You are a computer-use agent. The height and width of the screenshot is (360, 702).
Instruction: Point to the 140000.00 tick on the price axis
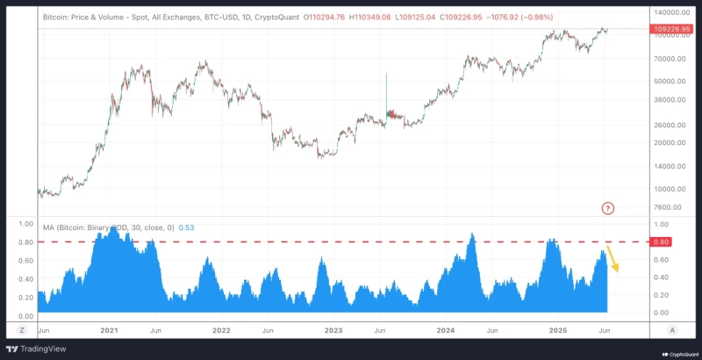click(670, 12)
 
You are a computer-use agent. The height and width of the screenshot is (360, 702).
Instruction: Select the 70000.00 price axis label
click(670, 58)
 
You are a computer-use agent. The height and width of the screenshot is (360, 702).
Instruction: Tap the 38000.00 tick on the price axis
click(670, 100)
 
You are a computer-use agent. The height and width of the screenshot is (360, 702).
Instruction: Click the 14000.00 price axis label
click(670, 166)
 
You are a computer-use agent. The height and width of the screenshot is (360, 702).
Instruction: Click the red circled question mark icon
click(608, 208)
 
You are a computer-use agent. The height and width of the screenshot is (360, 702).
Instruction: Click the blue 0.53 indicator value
click(186, 227)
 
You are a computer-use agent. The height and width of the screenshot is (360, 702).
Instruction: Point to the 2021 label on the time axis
click(109, 330)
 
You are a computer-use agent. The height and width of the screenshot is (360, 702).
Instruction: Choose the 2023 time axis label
click(333, 330)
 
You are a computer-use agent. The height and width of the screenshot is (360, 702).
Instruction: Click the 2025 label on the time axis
click(558, 330)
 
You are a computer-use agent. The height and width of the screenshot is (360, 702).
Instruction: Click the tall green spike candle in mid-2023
click(386, 92)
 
